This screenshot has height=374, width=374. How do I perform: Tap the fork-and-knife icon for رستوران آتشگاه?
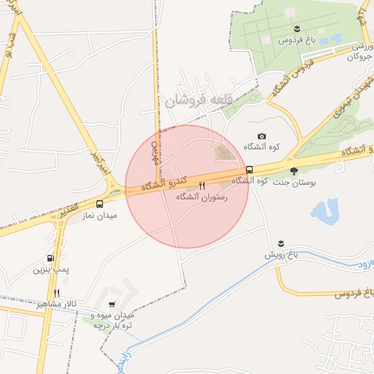(x=202, y=186)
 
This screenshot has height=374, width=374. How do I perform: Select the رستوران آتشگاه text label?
(x=202, y=197)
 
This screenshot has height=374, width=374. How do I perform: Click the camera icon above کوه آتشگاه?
(x=262, y=137)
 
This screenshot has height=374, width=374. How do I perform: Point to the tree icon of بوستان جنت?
(x=294, y=170)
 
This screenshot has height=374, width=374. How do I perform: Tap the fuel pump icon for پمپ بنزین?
(x=50, y=258)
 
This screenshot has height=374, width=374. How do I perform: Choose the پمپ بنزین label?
(x=50, y=270)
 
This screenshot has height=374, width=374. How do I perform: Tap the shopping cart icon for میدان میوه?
(x=112, y=305)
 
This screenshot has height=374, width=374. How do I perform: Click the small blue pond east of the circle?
(x=324, y=212)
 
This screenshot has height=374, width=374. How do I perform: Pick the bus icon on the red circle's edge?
(x=250, y=169)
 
